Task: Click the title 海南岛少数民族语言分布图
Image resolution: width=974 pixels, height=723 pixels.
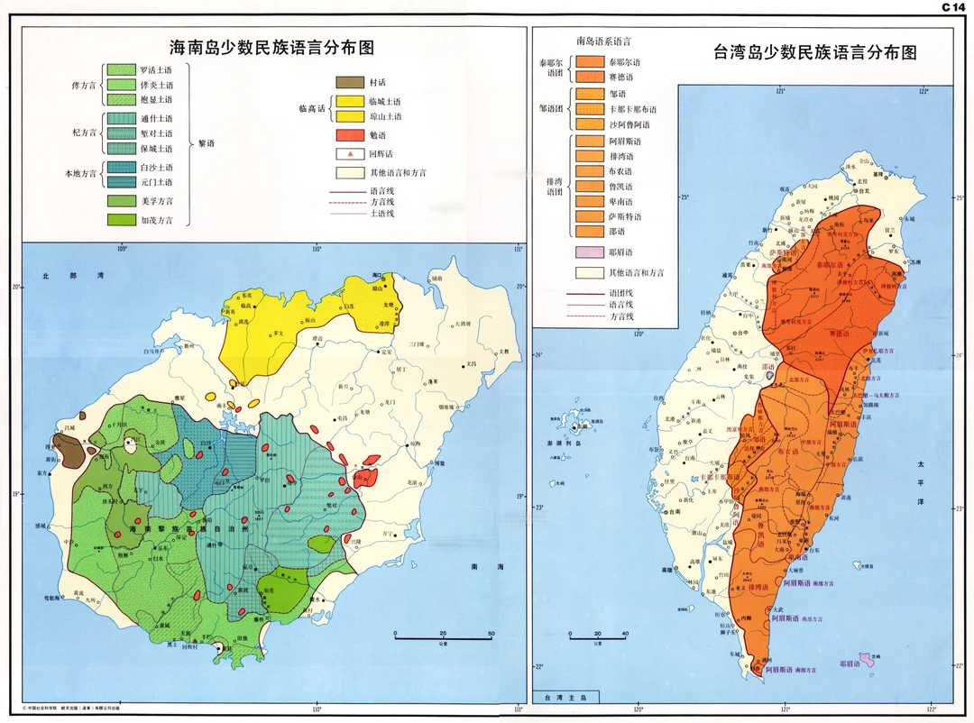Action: [x=272, y=46]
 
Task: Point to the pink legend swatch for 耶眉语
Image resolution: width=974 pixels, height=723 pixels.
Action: [x=587, y=253]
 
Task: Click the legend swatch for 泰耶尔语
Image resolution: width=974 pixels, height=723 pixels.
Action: [x=587, y=63]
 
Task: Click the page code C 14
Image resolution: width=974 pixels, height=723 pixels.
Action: [x=953, y=7]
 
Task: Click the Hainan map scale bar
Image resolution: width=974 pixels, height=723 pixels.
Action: [x=443, y=637]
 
